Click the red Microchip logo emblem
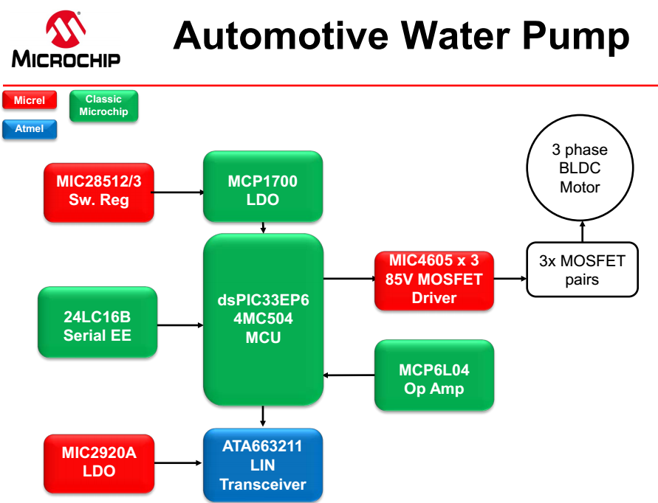(66, 29)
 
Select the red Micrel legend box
(30, 100)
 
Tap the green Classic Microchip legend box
(103, 105)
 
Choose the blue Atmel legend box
(30, 129)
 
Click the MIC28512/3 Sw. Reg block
(99, 192)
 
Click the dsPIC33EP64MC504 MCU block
(263, 319)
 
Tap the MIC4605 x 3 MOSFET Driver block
(434, 280)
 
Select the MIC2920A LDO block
(99, 462)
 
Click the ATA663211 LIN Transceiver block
(263, 465)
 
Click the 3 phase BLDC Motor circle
(580, 169)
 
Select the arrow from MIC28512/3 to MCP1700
(179, 192)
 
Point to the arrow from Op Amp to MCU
(349, 375)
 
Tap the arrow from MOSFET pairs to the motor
(583, 232)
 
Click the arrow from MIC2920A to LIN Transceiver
(179, 463)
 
